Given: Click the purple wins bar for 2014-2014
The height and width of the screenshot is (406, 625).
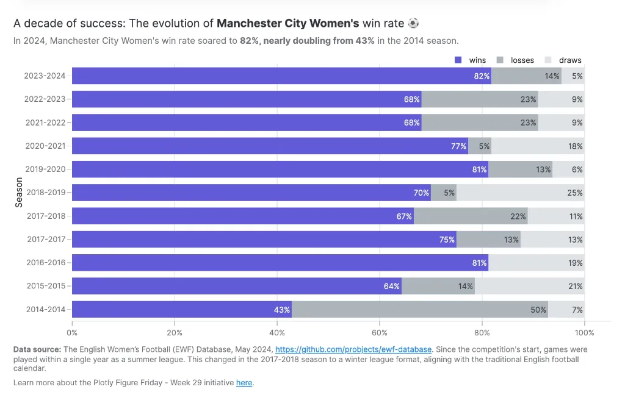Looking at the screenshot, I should (182, 309).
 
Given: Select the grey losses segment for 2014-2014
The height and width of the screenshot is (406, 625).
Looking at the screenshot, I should (419, 309).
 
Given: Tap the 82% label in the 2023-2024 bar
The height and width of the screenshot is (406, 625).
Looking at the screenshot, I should (482, 76).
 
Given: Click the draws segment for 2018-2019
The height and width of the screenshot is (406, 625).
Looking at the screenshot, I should (520, 193).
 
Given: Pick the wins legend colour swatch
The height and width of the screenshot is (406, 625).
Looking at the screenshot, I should (458, 60).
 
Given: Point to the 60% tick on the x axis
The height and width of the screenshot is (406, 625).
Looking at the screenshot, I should (380, 333).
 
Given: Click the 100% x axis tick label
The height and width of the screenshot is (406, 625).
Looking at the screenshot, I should (584, 333).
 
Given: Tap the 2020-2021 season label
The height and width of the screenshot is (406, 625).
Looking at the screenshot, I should (46, 146).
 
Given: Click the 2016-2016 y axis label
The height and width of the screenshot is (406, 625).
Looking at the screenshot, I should (46, 263).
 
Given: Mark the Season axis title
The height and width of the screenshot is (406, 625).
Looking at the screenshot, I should (18, 193).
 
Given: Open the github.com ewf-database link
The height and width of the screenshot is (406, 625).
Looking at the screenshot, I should (353, 349).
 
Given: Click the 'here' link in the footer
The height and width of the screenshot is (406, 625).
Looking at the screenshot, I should (244, 382).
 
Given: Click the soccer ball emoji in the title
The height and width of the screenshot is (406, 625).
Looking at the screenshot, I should (414, 24).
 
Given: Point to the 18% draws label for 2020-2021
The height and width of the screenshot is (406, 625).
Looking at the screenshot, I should (576, 146).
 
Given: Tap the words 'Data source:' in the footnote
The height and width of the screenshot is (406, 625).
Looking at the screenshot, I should (37, 349).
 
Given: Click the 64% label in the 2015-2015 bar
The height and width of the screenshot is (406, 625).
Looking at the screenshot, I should (392, 286).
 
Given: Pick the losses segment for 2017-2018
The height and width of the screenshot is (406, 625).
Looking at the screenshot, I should (471, 216).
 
